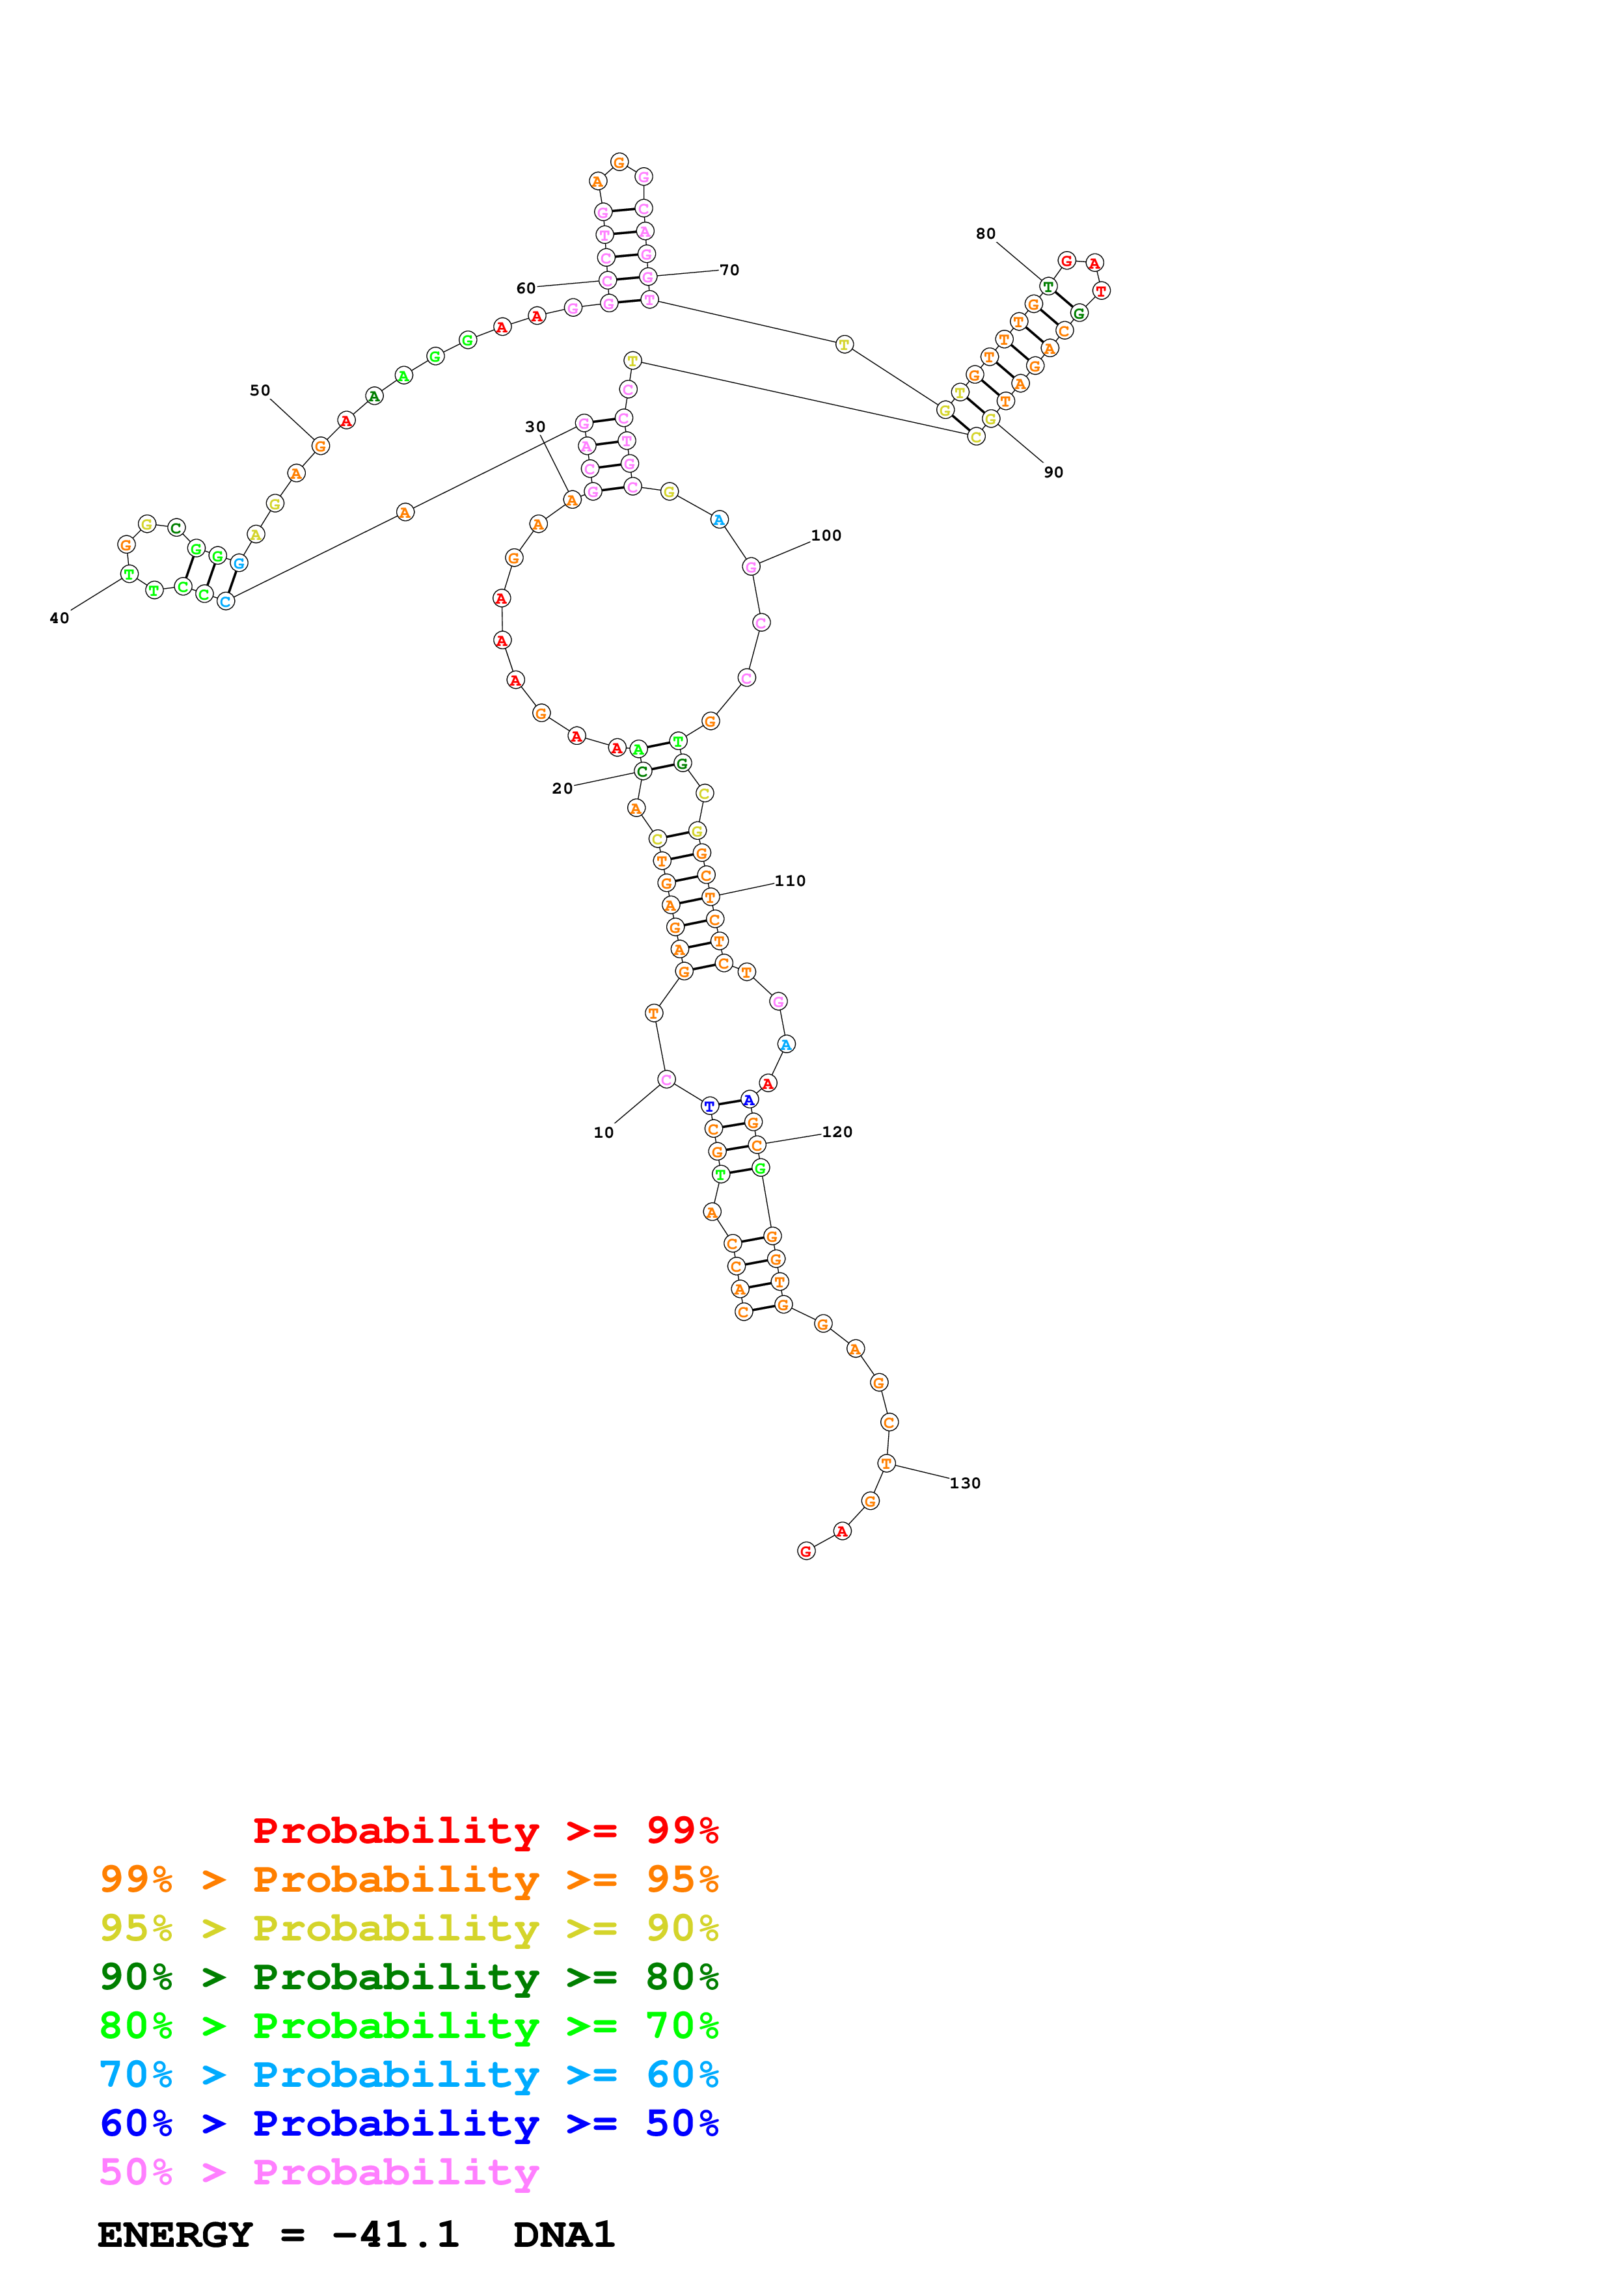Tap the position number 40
point(60,618)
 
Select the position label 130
point(964,1483)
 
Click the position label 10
point(603,1132)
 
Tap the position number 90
point(1053,472)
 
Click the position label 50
point(260,390)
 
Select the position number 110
point(789,881)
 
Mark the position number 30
point(535,426)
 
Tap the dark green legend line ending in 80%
point(409,1977)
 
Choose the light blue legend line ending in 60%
point(409,2074)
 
